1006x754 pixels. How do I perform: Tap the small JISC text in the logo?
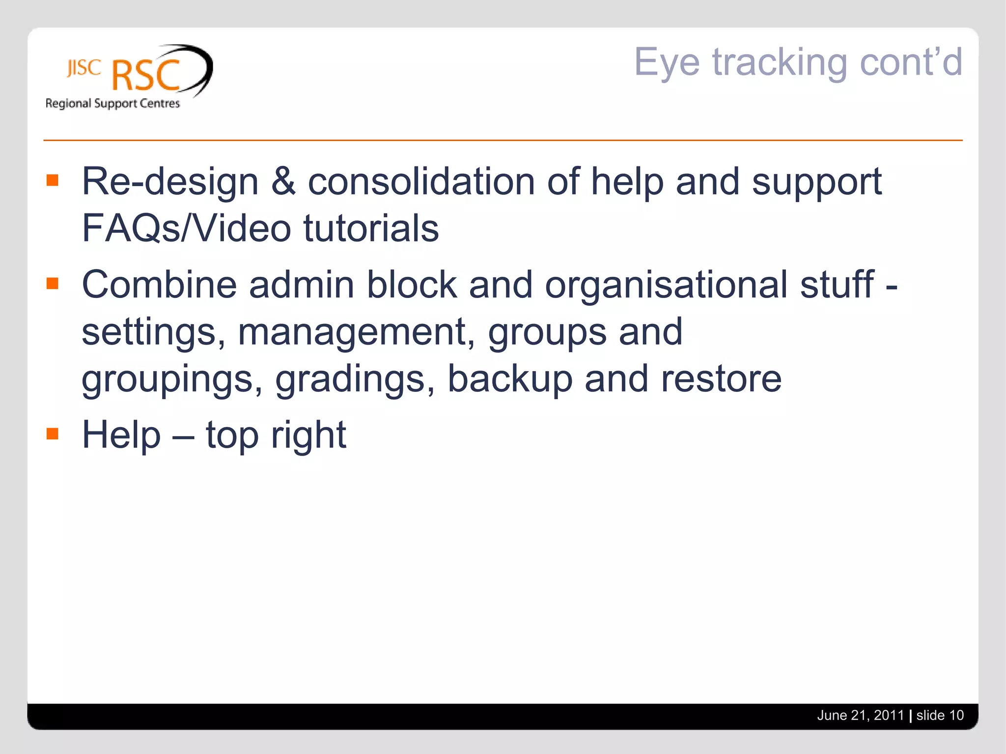pos(84,68)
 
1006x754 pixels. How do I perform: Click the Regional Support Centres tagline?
pos(112,104)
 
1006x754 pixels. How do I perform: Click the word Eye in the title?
pos(667,63)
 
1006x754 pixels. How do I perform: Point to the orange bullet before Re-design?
pos(53,181)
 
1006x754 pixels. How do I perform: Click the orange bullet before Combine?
pos(53,284)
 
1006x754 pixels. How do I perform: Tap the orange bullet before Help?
pos(53,434)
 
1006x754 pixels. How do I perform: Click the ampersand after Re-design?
pos(283,181)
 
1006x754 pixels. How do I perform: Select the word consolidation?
pos(421,181)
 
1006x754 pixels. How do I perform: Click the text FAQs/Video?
pos(186,228)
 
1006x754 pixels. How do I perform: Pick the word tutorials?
pos(371,228)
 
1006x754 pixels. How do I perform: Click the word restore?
pos(721,379)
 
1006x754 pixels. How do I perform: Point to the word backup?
pos(509,379)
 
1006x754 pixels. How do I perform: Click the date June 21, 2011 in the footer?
pos(860,715)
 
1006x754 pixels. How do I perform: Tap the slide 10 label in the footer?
pos(940,715)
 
